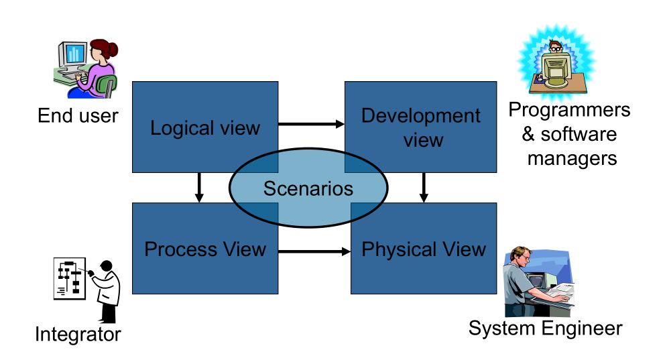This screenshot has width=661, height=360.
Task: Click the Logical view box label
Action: pos(204,128)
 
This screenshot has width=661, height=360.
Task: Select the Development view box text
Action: pos(421,127)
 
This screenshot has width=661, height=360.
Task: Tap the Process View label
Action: pos(205,249)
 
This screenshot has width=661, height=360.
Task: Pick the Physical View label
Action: pos(423,250)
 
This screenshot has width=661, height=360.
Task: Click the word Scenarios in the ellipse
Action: pos(308,188)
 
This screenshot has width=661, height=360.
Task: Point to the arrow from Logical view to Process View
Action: pos(198,187)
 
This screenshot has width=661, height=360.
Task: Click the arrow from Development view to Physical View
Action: pos(424,187)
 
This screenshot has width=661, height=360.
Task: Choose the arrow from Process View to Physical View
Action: pos(314,251)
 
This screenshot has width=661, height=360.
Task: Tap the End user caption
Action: pos(78,115)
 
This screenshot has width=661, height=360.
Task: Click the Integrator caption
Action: pos(78,333)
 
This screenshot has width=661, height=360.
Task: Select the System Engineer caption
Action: pos(545,328)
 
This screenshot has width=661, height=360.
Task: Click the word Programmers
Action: pos(569,109)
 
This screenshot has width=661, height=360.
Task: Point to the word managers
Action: pos(572,158)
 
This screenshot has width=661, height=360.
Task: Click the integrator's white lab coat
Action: pos(108,289)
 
